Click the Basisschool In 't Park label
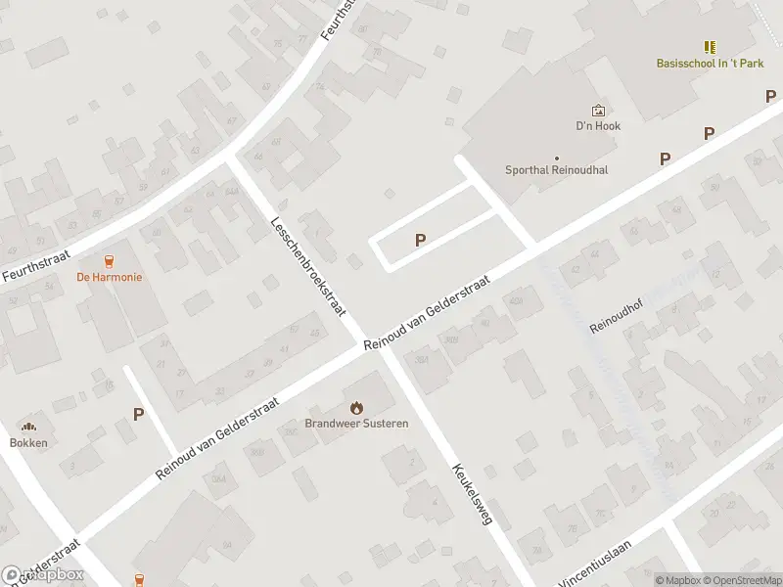click(710, 64)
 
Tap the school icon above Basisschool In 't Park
click(710, 47)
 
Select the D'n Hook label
click(598, 126)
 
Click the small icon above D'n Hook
click(598, 111)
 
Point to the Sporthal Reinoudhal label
click(556, 169)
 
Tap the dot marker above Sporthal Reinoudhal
click(557, 158)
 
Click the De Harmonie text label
click(110, 277)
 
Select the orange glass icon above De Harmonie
click(110, 260)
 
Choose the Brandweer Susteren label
click(356, 424)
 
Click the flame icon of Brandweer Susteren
click(356, 407)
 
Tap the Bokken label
click(28, 442)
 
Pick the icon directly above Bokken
click(28, 427)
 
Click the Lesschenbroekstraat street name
click(308, 265)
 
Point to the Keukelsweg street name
click(471, 494)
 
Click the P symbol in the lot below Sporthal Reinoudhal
click(421, 240)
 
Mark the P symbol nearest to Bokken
click(139, 414)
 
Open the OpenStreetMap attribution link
click(743, 580)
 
